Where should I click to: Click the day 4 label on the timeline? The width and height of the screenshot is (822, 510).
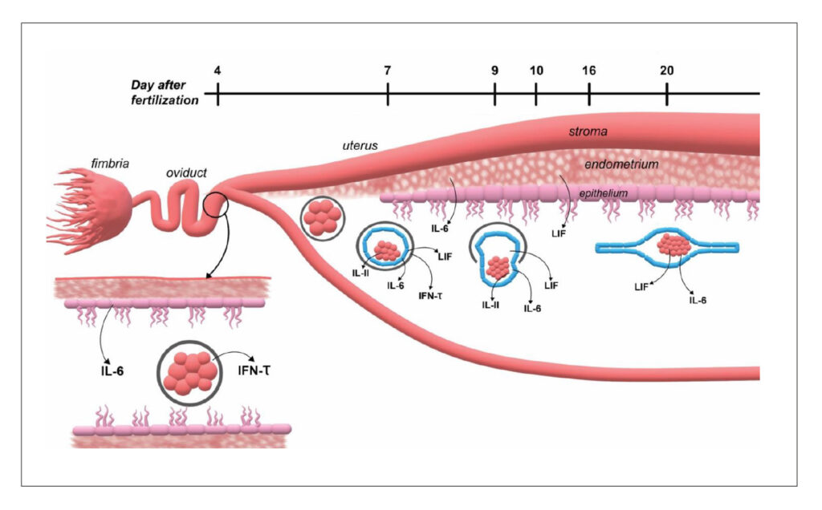click(218, 70)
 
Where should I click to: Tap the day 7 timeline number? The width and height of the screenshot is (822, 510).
click(388, 70)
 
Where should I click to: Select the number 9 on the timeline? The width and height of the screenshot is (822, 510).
click(494, 70)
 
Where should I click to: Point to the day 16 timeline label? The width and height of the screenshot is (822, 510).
click(589, 70)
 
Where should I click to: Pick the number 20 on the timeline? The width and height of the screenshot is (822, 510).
click(667, 70)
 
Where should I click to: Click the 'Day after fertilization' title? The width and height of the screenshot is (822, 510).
click(165, 93)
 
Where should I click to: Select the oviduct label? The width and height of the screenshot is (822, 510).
click(187, 172)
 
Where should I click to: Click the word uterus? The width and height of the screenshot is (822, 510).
click(358, 146)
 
